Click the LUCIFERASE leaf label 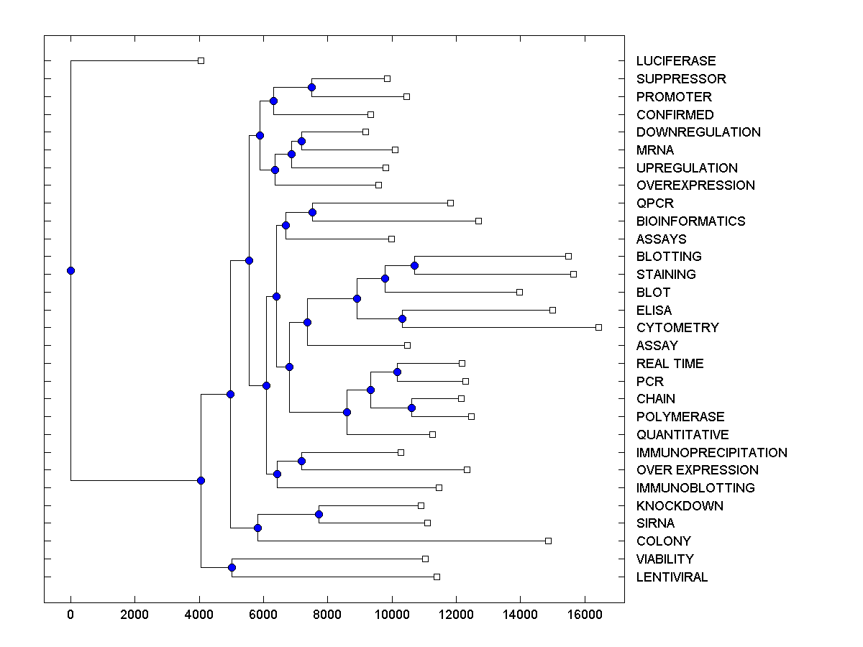pos(676,61)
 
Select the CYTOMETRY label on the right pos(677,328)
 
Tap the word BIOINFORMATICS pos(690,221)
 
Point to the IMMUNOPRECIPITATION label pos(711,453)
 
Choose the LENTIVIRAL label pos(672,577)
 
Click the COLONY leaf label pos(663,541)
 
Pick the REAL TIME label pos(670,364)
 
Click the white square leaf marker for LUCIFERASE pos(201,60)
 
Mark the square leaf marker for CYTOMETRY pos(598,327)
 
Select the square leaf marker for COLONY pos(548,541)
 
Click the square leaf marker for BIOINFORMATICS pos(478,221)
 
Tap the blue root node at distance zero pos(70,270)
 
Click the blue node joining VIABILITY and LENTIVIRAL pos(232,567)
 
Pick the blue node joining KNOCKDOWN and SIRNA pos(319,514)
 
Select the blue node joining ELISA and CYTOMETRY pos(402,318)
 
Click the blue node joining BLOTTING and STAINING pos(414,265)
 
